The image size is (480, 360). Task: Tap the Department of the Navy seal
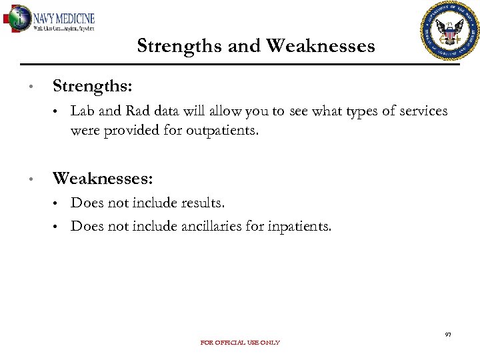tap(450, 31)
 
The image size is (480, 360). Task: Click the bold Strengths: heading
tap(92, 87)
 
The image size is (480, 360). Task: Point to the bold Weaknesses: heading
tap(103, 179)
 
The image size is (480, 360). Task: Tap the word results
tap(203, 203)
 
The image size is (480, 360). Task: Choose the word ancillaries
tap(211, 226)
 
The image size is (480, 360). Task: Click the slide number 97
tap(448, 334)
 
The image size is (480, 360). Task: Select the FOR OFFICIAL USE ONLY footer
tap(240, 343)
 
